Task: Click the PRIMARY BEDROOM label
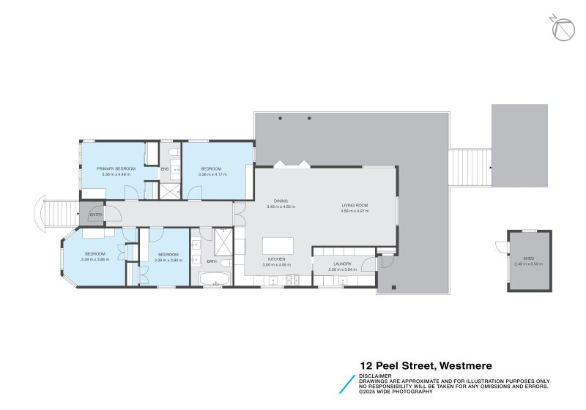[116, 168]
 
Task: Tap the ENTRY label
[96, 215]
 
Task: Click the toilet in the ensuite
[171, 152]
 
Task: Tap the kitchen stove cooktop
[293, 280]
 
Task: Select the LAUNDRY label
[343, 264]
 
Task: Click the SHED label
[528, 259]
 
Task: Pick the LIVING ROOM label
[355, 205]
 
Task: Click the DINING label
[281, 201]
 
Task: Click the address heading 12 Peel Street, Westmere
[426, 365]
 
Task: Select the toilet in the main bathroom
[226, 262]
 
